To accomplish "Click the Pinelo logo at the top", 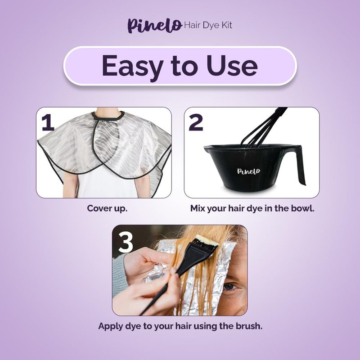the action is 155,26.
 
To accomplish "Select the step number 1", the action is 48,123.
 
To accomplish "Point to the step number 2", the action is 196,123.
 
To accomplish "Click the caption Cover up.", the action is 107,209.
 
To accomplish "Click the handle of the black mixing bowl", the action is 298,163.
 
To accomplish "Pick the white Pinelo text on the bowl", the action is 249,171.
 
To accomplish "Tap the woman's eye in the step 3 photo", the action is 230,286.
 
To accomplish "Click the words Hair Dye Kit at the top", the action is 208,25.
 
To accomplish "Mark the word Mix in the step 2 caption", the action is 198,208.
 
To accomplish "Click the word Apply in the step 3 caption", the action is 110,327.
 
